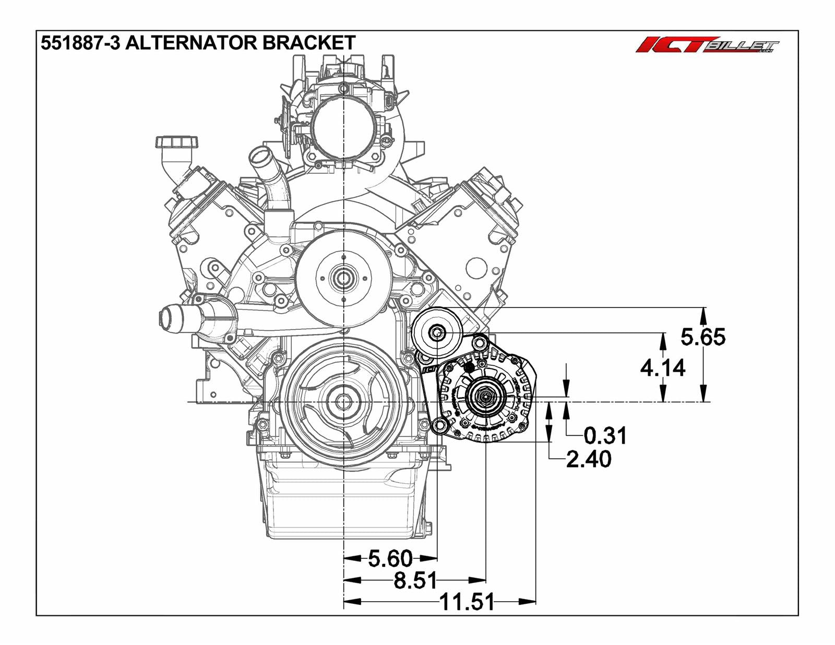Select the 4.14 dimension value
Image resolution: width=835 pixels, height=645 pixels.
click(662, 368)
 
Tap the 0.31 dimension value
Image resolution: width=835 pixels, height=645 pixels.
click(604, 435)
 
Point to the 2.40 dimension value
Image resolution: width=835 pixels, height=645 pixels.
click(589, 459)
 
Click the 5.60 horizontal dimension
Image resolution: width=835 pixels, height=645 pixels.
click(390, 558)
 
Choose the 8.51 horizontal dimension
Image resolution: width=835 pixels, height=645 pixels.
click(415, 580)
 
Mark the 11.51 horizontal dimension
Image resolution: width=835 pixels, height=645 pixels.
click(467, 602)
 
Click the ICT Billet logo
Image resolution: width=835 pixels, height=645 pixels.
click(707, 45)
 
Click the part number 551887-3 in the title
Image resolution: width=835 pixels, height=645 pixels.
click(80, 43)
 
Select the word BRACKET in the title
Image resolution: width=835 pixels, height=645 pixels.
click(309, 43)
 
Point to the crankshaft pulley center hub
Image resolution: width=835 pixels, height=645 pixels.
click(343, 401)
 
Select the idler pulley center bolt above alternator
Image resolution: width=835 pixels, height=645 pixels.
click(437, 332)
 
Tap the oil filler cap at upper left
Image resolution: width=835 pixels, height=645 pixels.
click(177, 142)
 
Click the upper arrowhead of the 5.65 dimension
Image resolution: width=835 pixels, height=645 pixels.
click(703, 314)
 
